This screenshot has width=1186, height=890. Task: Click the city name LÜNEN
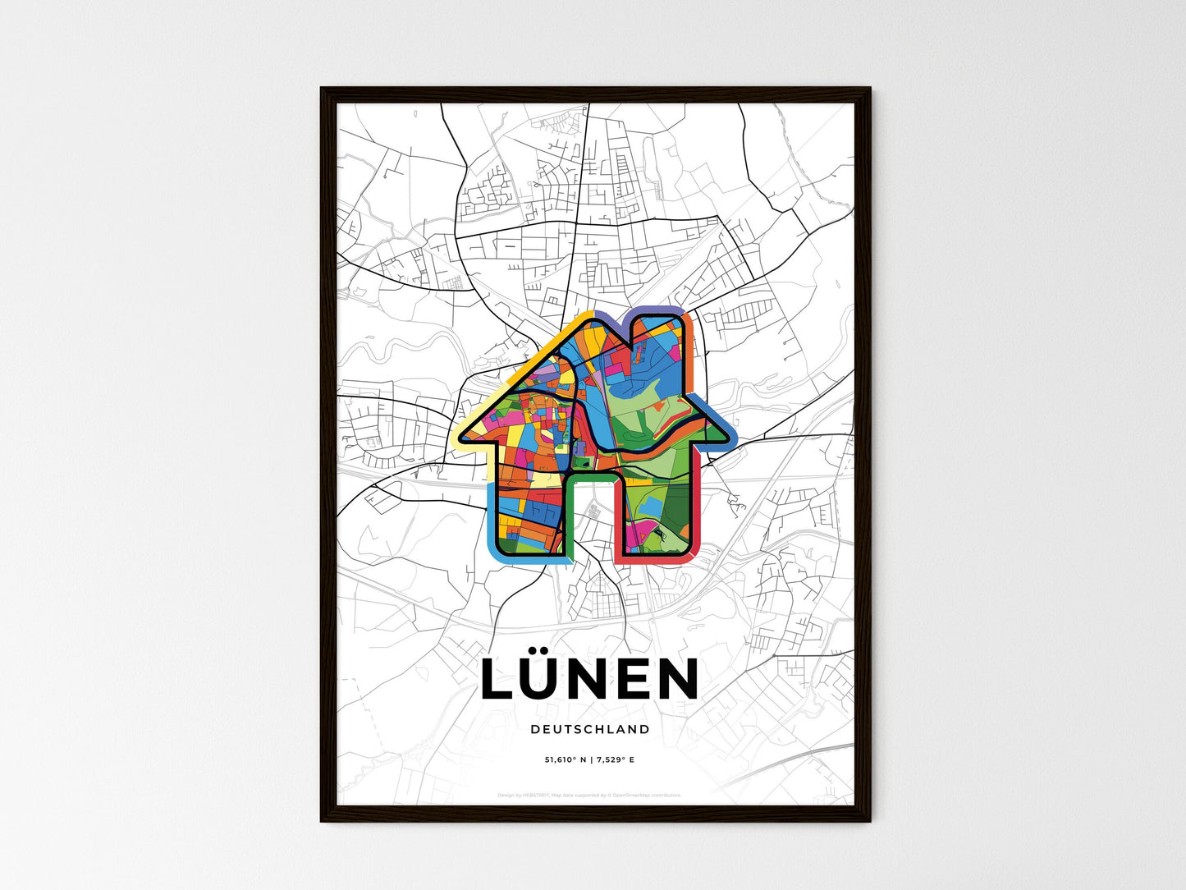(589, 680)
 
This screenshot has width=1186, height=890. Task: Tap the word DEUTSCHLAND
(589, 729)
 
